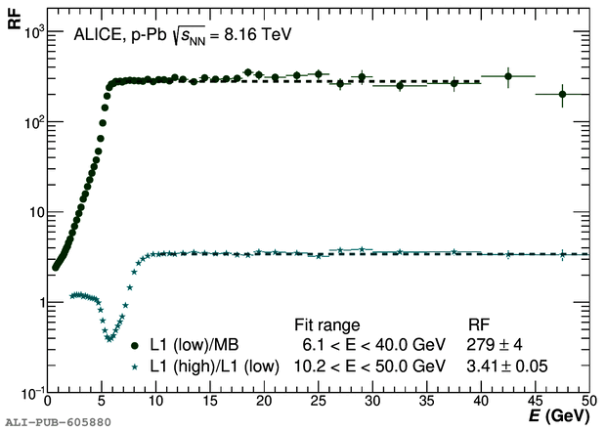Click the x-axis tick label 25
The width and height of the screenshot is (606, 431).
(318, 401)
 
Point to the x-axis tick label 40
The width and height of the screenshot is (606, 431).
(480, 401)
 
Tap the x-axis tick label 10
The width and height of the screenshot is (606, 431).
(155, 401)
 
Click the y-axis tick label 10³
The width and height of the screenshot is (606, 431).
(31, 32)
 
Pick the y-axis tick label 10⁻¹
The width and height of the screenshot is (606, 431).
(29, 391)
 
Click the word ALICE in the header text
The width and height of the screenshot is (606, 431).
(95, 34)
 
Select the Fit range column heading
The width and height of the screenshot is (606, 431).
(327, 324)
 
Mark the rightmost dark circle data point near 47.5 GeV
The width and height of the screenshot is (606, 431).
(562, 94)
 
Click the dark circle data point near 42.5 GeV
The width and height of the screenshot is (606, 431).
(508, 76)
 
